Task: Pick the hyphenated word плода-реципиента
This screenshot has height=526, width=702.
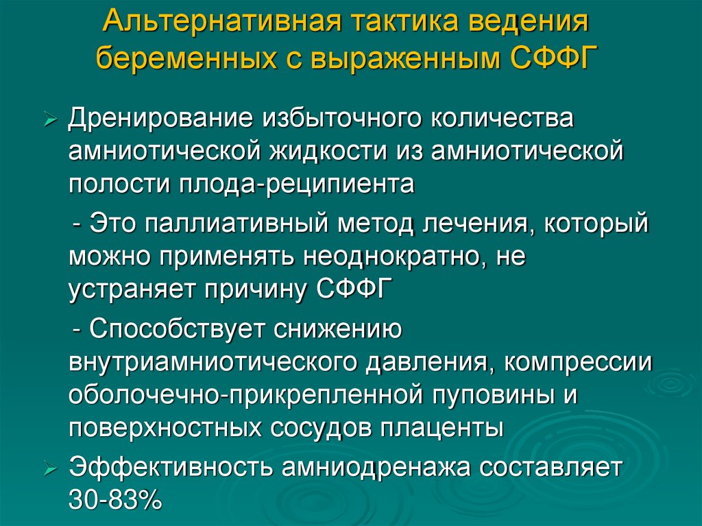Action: (298, 184)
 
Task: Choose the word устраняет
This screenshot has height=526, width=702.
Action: (130, 290)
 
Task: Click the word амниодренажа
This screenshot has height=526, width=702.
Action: (366, 468)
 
